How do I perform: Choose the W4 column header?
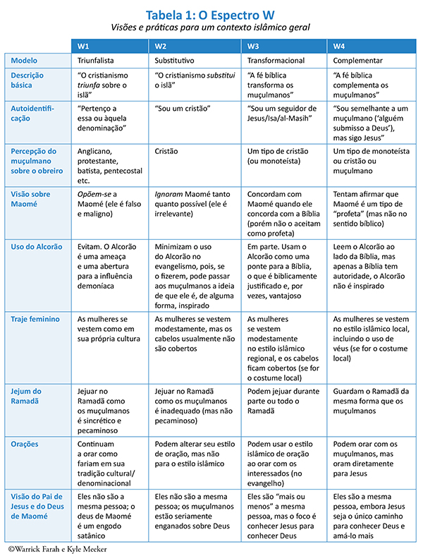(339, 46)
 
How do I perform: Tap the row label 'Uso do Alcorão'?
(36, 247)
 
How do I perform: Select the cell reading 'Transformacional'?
(276, 61)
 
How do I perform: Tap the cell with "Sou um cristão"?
(183, 109)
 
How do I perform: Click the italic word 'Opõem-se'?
(92, 194)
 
